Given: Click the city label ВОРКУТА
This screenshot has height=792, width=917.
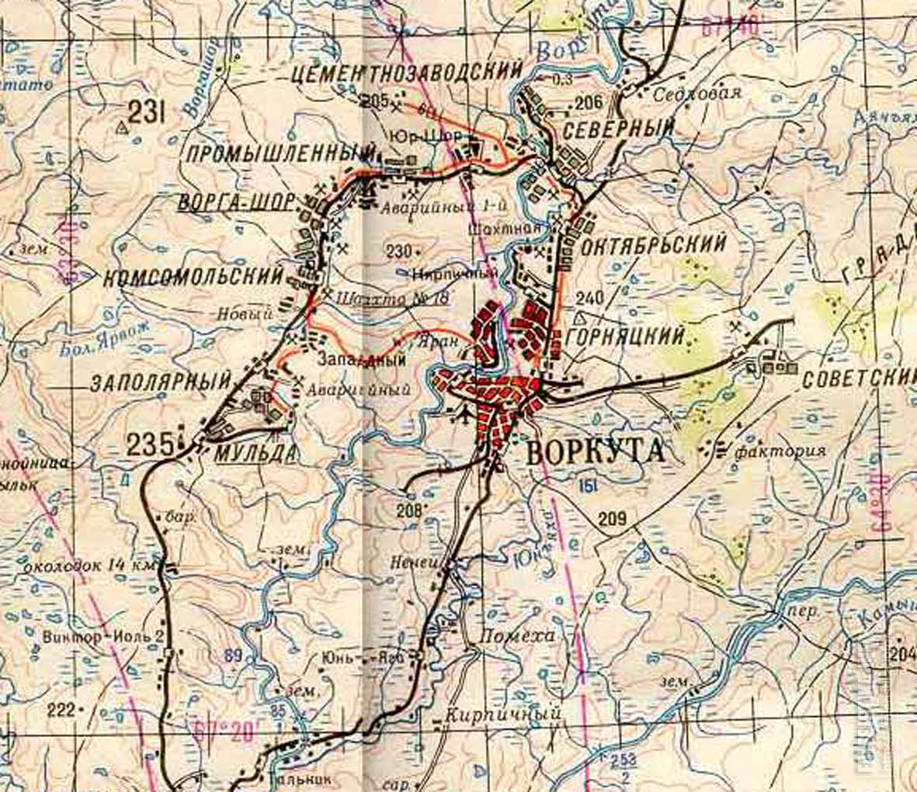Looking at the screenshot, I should click(596, 451).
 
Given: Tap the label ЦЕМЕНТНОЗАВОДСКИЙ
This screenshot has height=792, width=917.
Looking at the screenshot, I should click(407, 73).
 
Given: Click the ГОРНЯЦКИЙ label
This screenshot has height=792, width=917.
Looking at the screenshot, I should click(626, 336).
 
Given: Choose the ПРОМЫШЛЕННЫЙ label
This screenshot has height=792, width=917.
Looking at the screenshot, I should click(281, 153).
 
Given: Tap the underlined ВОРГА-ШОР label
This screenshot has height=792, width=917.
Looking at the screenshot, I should click(235, 202).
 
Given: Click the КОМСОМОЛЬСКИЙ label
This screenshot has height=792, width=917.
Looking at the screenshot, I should click(192, 276).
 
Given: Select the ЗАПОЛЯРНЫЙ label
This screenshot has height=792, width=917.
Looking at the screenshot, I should click(162, 382).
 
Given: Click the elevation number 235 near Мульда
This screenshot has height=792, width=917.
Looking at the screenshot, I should click(150, 444).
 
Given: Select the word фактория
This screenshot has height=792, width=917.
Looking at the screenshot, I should click(780, 451).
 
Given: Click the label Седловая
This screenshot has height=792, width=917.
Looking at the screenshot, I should click(696, 93).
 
